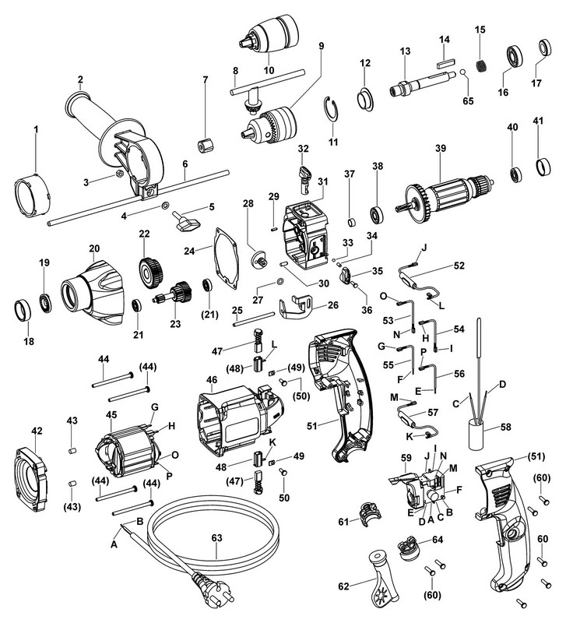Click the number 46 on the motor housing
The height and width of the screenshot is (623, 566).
[211, 380]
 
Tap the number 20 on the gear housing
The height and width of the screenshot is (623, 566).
[93, 248]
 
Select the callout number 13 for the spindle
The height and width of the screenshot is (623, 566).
[404, 51]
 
